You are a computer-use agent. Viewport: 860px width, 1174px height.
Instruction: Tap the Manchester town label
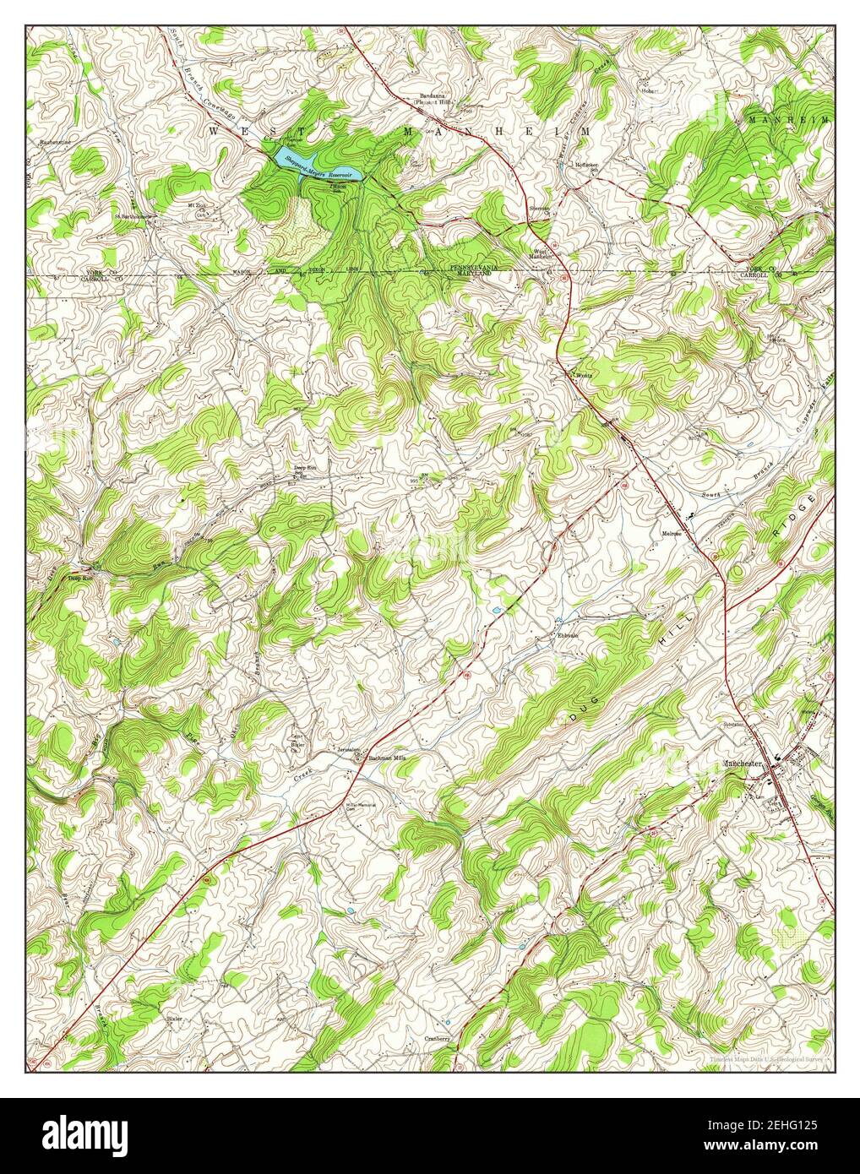743,764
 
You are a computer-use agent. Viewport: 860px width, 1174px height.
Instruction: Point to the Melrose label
672,534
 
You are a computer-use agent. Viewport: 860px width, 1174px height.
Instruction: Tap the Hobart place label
649,91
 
